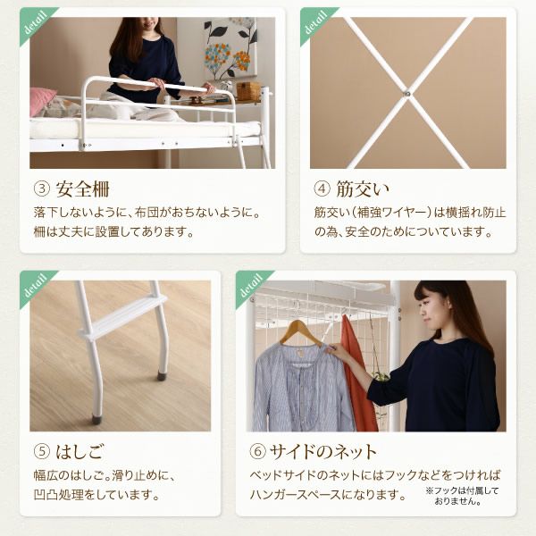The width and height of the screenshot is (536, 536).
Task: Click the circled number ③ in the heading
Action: [x=40, y=190]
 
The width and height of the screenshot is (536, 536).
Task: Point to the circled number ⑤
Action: [x=40, y=451]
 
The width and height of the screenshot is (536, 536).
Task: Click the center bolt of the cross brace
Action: [x=406, y=91]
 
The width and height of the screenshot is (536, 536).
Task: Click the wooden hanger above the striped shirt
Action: [x=299, y=332]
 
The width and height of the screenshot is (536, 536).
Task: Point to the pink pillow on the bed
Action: [x=41, y=101]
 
